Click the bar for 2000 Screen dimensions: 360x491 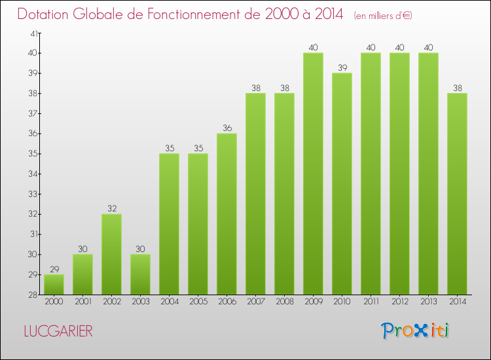click(x=54, y=285)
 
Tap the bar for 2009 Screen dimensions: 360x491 click(x=313, y=173)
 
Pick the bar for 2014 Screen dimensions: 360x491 click(x=457, y=193)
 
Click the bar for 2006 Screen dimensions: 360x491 click(x=227, y=213)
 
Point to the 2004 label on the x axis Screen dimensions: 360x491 click(x=169, y=301)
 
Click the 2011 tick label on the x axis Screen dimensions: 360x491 click(x=371, y=301)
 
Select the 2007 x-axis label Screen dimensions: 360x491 click(x=255, y=301)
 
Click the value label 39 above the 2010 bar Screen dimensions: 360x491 click(x=342, y=68)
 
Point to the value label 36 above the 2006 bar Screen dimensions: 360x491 click(x=227, y=128)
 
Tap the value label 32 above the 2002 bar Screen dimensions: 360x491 click(x=111, y=209)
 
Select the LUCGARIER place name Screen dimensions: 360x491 click(x=58, y=331)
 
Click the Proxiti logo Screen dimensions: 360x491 click(x=415, y=330)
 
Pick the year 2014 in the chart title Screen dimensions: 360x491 click(x=325, y=14)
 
